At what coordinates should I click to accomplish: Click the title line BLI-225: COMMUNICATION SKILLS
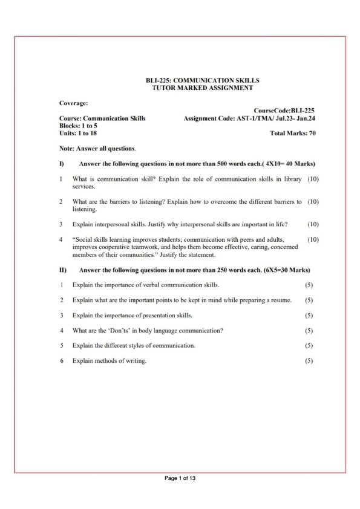202,80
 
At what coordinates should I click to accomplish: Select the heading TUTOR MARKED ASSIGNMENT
202,88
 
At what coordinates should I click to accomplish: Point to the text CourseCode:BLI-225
284,111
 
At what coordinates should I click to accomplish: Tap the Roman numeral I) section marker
62,164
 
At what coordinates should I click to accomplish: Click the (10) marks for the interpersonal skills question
313,224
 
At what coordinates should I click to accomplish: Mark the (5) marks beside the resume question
309,300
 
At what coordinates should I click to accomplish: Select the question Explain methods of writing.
110,361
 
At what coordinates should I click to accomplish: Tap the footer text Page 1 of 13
180,479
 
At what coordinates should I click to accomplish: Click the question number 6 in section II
62,361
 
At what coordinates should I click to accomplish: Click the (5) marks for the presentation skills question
309,316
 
